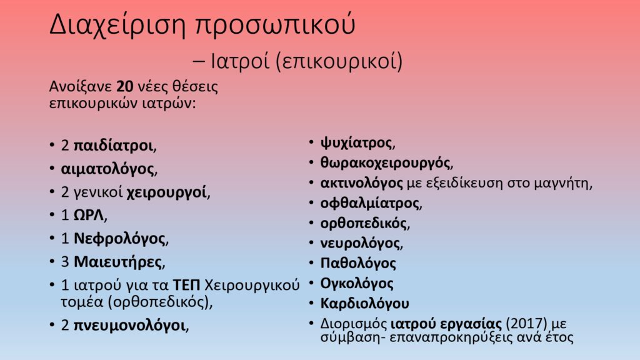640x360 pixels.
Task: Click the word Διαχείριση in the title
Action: click(x=117, y=25)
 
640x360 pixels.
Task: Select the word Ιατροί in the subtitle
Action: click(x=240, y=61)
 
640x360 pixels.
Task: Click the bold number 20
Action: click(x=125, y=86)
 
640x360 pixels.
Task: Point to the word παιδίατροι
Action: click(x=113, y=145)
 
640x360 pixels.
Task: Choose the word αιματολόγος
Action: click(x=107, y=169)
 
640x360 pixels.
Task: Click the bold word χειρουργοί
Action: click(x=166, y=192)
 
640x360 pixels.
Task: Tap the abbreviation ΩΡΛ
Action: click(x=89, y=215)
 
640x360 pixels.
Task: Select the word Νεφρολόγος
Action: click(x=119, y=238)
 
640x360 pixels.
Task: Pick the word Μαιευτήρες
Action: click(x=117, y=262)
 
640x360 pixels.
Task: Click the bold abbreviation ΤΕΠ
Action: click(x=186, y=285)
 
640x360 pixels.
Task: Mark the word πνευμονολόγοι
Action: click(x=129, y=325)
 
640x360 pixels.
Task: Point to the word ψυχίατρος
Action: click(x=356, y=143)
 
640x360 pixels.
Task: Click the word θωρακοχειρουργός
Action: click(x=385, y=163)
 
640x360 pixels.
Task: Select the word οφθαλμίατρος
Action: click(x=370, y=203)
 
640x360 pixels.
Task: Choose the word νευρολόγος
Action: click(x=360, y=243)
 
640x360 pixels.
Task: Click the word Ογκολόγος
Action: click(x=357, y=283)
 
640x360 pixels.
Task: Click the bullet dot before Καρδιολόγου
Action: click(x=311, y=303)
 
